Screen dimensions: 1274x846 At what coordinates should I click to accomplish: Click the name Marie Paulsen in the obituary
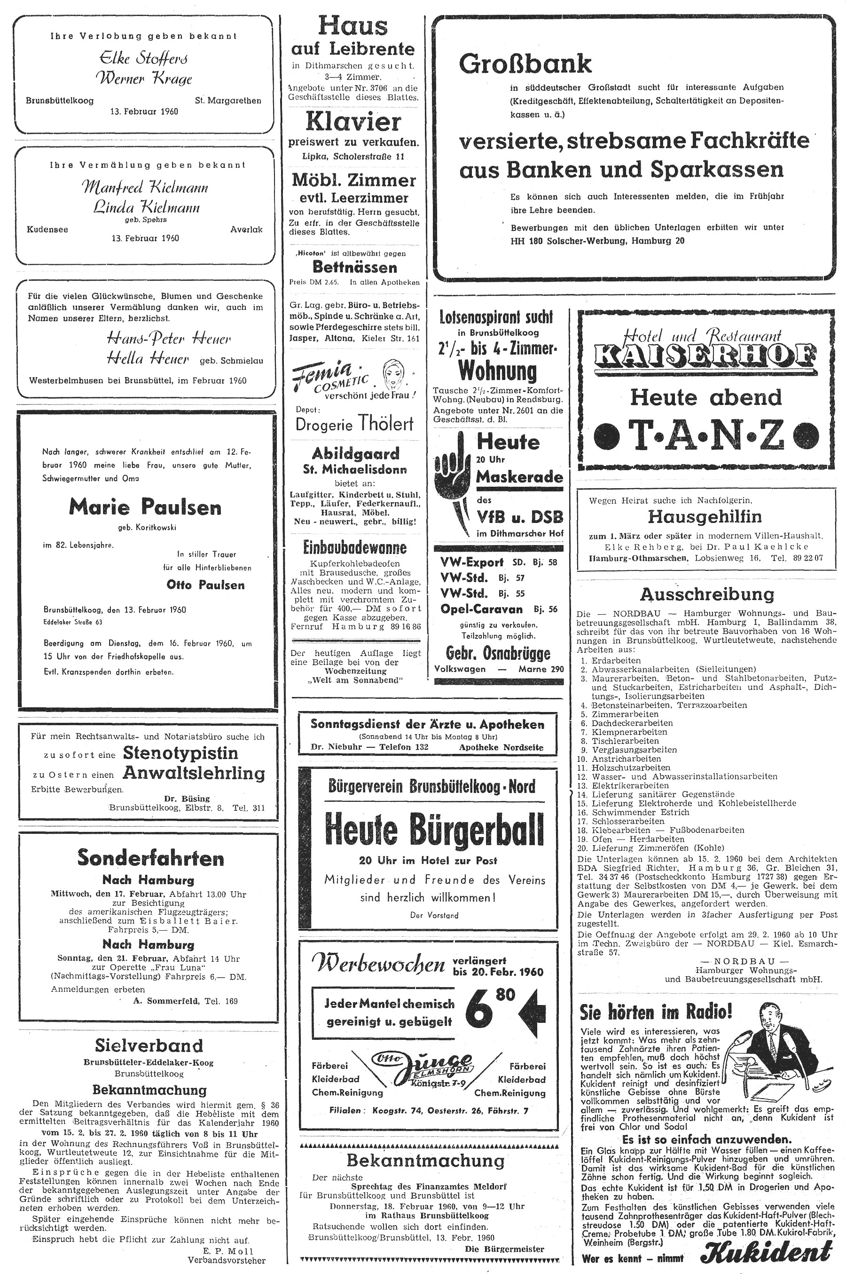click(145, 507)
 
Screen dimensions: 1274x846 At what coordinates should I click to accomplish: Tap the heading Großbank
click(525, 64)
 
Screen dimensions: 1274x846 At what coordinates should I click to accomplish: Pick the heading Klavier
click(353, 122)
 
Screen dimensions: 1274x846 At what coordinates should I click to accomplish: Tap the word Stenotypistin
click(180, 753)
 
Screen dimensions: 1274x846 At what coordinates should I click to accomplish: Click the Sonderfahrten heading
click(150, 858)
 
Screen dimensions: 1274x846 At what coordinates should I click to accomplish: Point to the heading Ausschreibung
click(707, 594)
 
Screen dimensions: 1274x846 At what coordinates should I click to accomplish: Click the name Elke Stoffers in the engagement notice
click(143, 58)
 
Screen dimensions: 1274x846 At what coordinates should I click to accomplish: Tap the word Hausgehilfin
click(705, 517)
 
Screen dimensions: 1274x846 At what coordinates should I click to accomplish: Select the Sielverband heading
click(149, 1045)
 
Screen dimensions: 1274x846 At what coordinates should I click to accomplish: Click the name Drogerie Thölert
click(354, 424)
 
